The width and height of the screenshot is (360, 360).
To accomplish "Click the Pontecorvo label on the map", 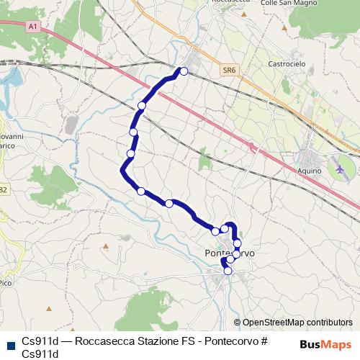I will pos(230,254).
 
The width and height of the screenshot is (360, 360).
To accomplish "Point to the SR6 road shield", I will pos(229,70).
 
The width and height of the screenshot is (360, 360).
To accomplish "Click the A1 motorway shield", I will pos(32,26).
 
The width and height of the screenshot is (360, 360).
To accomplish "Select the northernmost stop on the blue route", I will pos(184,71).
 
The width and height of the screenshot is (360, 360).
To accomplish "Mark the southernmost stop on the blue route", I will pos(228,271).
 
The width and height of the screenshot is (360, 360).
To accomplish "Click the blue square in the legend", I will pos(10,343).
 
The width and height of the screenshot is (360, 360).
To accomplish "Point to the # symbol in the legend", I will pos(264,341).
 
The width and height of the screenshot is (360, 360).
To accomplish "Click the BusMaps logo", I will pos(325,343).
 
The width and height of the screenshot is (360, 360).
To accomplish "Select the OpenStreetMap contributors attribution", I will pos(297,322).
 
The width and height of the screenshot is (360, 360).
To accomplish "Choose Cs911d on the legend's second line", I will pos(40,353).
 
